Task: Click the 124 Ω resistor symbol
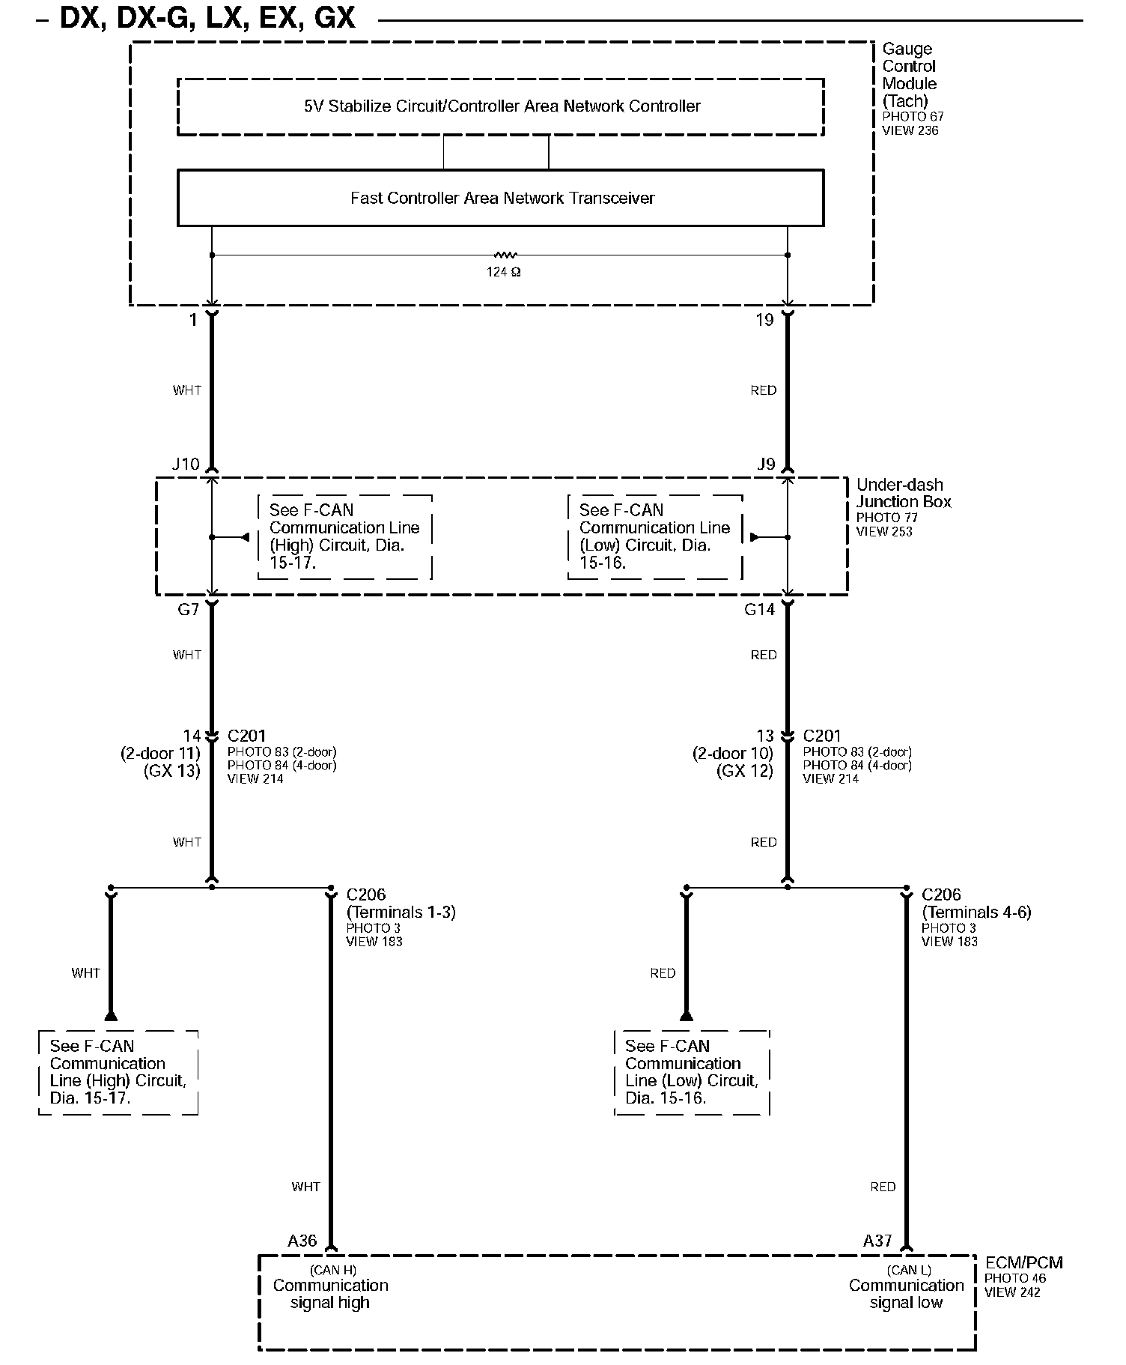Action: (504, 255)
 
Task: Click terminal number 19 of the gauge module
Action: (764, 321)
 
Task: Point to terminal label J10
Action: (186, 464)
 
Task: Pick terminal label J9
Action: (766, 464)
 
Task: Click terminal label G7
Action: (188, 610)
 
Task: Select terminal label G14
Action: (759, 610)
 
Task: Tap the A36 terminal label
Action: (302, 1241)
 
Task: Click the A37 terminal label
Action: (877, 1241)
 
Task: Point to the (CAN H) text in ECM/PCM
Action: (333, 1270)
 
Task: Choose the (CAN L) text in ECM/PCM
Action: (909, 1270)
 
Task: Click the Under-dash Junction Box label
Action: (903, 494)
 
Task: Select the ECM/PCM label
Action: (1023, 1263)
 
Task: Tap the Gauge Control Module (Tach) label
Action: (909, 75)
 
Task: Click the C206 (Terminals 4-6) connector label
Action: (976, 904)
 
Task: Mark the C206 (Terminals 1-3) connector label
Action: (401, 904)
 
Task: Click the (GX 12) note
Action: (745, 771)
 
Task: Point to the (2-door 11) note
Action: (160, 754)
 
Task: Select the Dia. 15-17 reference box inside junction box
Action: (344, 536)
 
